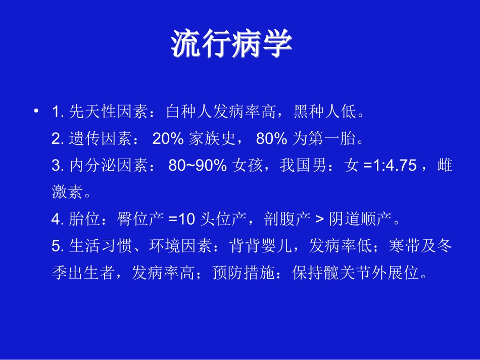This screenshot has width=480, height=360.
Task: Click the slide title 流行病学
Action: pyautogui.click(x=232, y=44)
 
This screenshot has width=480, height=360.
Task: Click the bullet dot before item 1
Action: pyautogui.click(x=36, y=111)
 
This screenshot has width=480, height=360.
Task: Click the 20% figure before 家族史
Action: pyautogui.click(x=167, y=138)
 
